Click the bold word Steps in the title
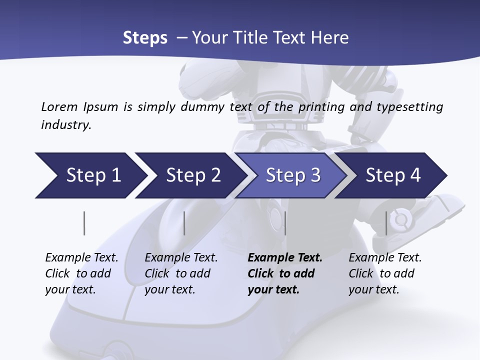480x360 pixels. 145,38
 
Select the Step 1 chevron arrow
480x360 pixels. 91,175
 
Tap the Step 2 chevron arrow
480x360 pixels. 191,175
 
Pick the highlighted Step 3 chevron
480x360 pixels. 291,175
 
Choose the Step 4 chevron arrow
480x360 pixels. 391,175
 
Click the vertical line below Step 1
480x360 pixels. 84,223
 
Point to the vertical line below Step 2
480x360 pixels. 184,223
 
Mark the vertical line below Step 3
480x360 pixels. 285,223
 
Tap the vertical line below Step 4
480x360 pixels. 386,223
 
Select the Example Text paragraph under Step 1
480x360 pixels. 81,273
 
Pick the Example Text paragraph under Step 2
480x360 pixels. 181,273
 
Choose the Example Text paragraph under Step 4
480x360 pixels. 385,273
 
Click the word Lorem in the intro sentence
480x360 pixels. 59,107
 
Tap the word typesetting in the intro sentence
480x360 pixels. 410,107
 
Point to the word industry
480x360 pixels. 66,125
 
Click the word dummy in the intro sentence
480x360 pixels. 202,107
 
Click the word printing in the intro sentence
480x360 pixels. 321,107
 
